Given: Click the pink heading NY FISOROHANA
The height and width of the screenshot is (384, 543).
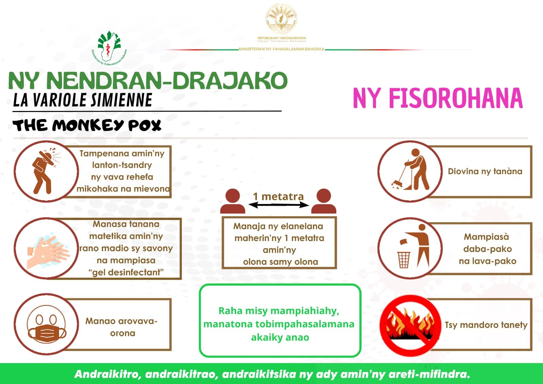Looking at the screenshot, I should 437,98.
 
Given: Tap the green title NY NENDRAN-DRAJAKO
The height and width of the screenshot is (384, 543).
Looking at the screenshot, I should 148,80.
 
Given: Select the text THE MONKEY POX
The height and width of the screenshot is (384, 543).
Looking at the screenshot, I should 87,125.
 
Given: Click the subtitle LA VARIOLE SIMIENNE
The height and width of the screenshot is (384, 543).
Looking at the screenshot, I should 82,100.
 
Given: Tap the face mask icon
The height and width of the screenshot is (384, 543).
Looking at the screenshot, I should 46,328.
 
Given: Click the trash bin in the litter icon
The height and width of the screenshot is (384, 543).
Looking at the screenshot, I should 404,260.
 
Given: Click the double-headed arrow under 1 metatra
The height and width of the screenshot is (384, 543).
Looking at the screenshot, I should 279,205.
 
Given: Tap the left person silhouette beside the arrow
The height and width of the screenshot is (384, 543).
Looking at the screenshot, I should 232,201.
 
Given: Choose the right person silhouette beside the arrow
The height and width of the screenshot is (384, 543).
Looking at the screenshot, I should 324,201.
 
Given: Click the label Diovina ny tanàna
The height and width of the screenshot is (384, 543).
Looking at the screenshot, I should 485,171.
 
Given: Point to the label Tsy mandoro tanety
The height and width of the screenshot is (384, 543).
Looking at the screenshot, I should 486,325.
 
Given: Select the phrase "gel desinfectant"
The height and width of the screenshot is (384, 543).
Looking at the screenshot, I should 126,272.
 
